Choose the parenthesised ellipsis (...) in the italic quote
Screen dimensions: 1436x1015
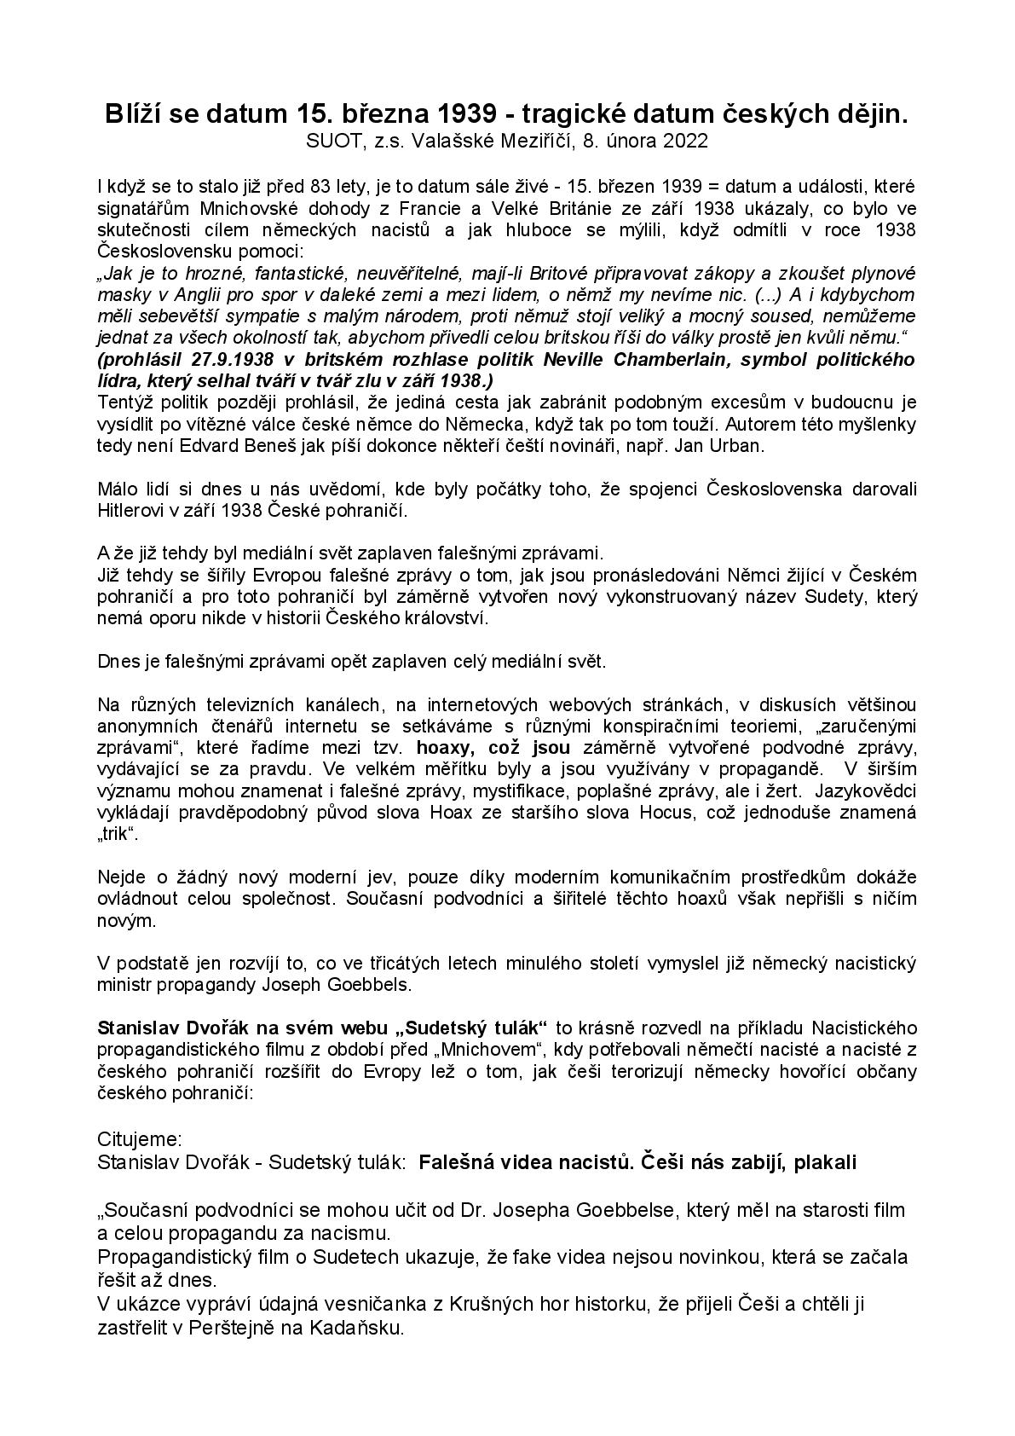click(x=771, y=294)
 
